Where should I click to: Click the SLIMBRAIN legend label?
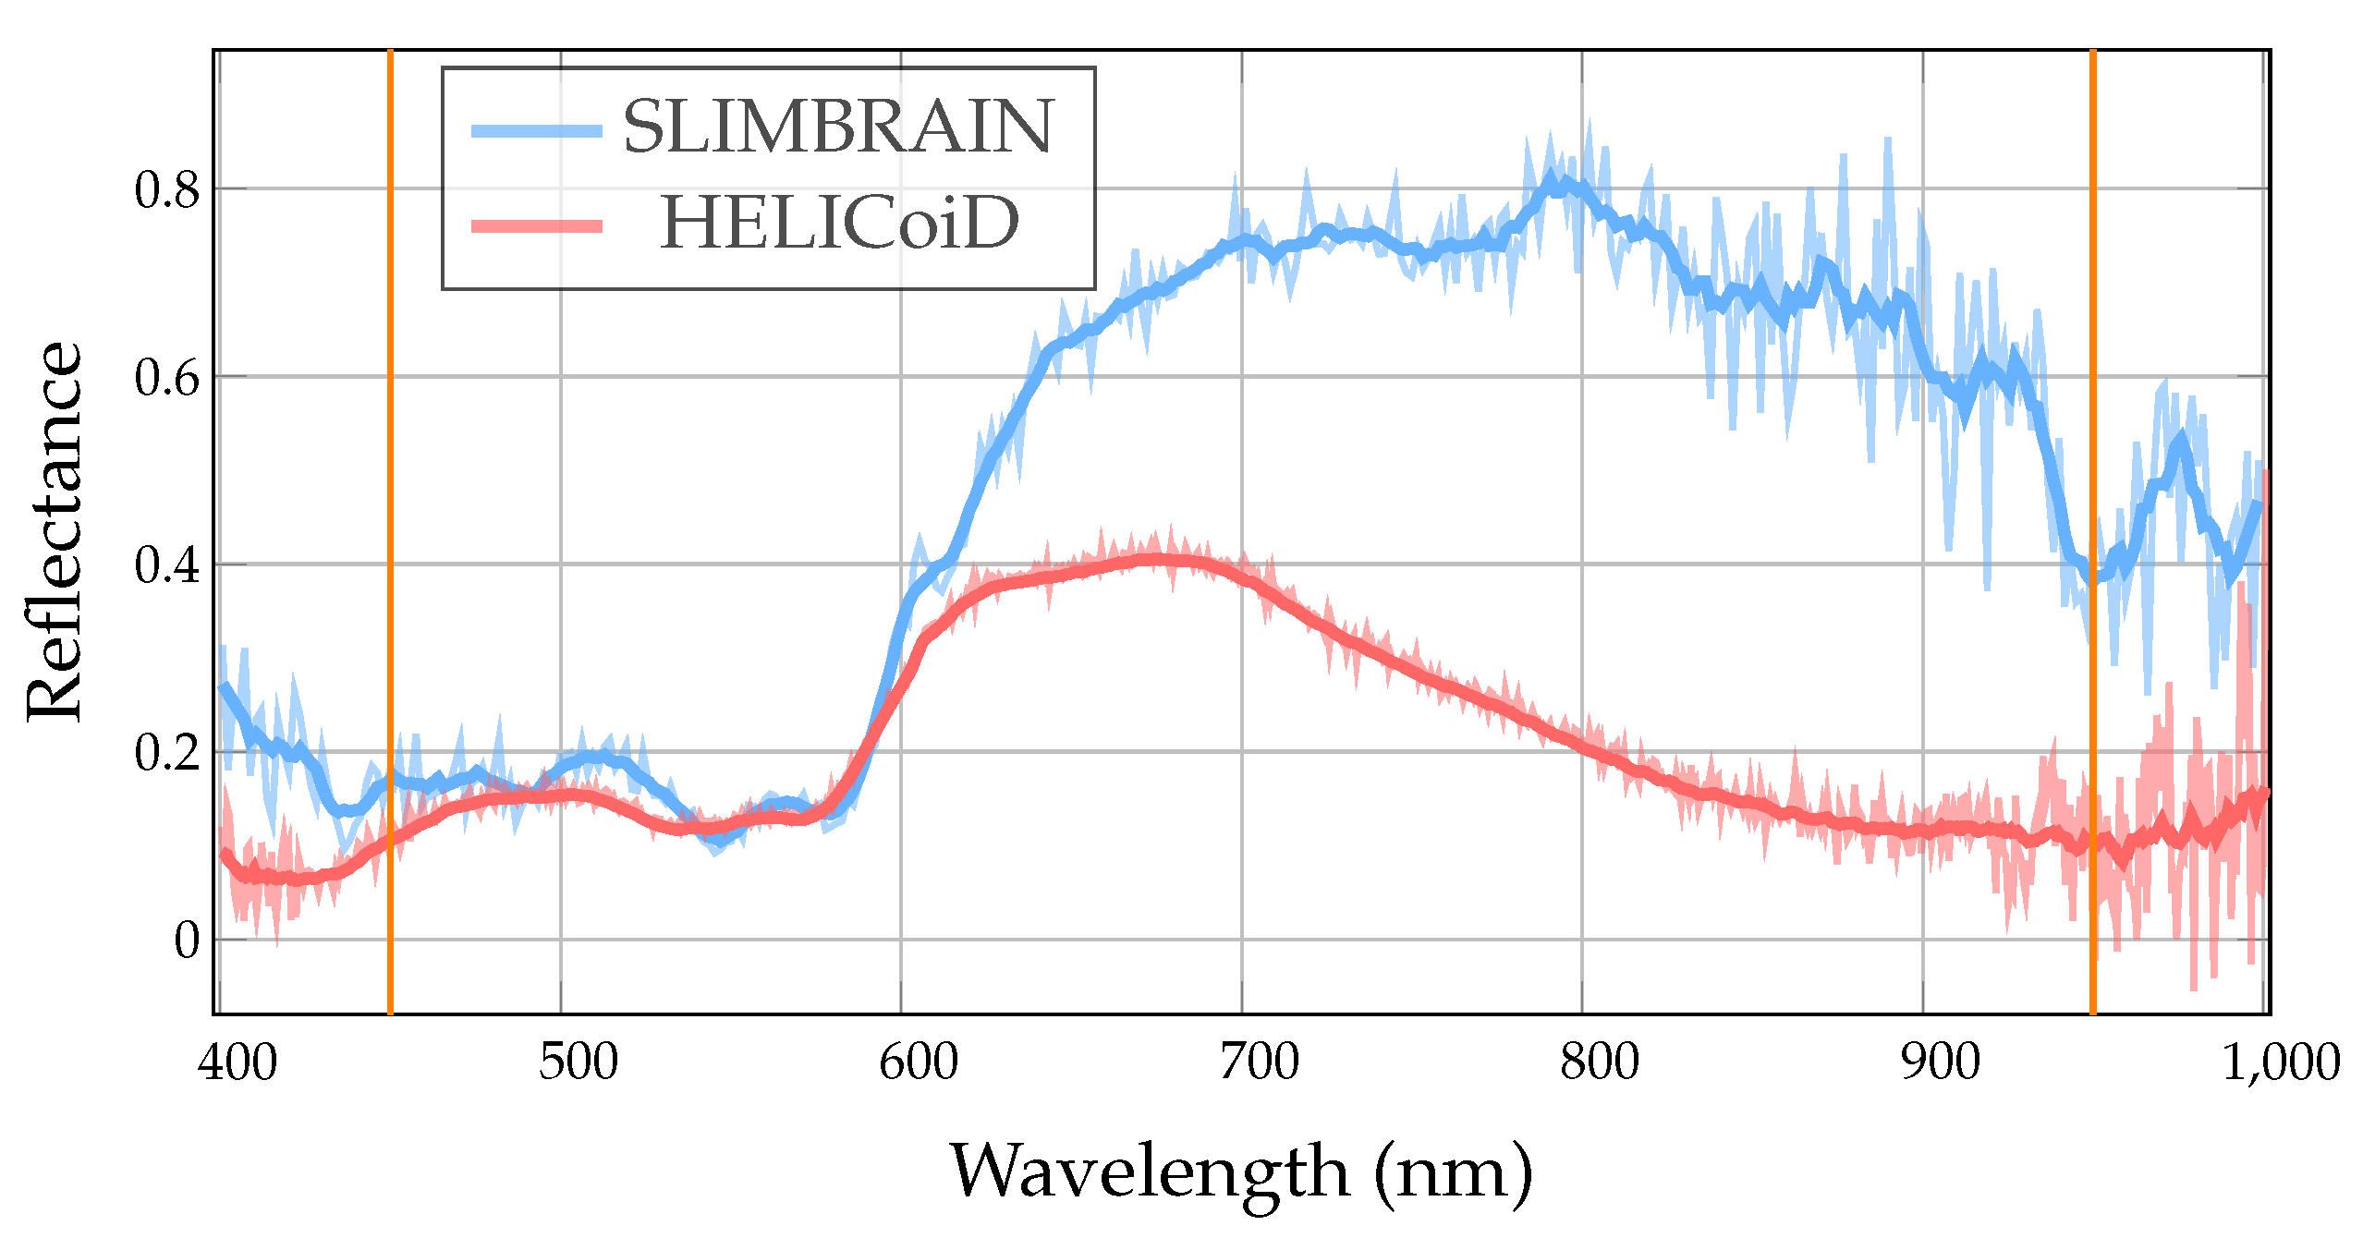pyautogui.click(x=837, y=127)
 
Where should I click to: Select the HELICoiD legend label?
pyautogui.click(x=839, y=224)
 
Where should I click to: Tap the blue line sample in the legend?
pyautogui.click(x=537, y=130)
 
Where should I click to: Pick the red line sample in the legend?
pyautogui.click(x=537, y=225)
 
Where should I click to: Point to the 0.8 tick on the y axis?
pyautogui.click(x=167, y=190)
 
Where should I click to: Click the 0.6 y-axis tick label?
pyautogui.click(x=167, y=378)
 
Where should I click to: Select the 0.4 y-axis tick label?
pyautogui.click(x=167, y=564)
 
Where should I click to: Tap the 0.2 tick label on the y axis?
pyautogui.click(x=167, y=752)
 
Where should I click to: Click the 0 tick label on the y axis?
pyautogui.click(x=187, y=941)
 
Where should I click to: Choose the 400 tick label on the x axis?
pyautogui.click(x=238, y=1062)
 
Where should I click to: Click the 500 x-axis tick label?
pyautogui.click(x=579, y=1062)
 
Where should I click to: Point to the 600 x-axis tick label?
pyautogui.click(x=919, y=1062)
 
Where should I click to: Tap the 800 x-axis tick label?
pyautogui.click(x=1600, y=1062)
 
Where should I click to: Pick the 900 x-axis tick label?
pyautogui.click(x=1941, y=1062)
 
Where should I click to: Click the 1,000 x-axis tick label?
pyautogui.click(x=2281, y=1062)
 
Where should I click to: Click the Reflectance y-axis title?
pyautogui.click(x=54, y=531)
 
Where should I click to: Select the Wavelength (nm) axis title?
pyautogui.click(x=1241, y=1171)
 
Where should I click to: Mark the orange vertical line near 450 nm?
pyautogui.click(x=390, y=532)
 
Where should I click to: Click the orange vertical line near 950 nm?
pyautogui.click(x=2093, y=532)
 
